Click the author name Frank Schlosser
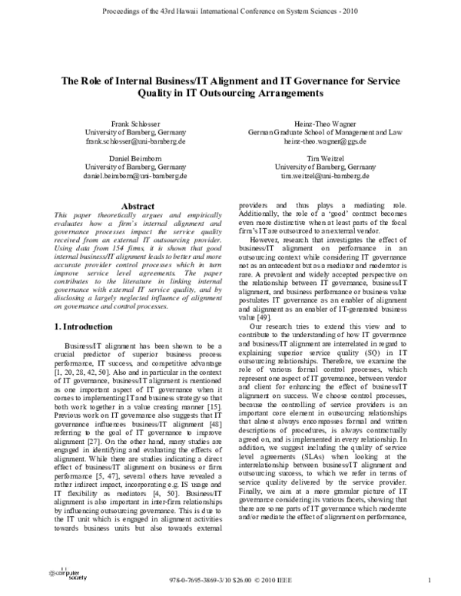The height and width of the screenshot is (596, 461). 134,123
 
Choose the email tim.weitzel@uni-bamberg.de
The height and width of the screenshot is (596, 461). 326,175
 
